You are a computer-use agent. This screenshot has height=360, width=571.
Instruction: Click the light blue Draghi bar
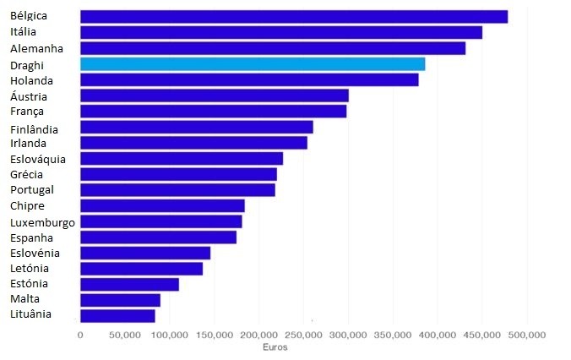click(253, 64)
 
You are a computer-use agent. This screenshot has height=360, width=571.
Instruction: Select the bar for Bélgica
click(294, 16)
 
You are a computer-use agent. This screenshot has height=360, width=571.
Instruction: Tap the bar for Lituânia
click(117, 315)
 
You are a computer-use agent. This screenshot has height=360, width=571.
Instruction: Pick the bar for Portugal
click(177, 190)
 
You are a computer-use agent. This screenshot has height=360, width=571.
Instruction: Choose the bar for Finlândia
click(196, 128)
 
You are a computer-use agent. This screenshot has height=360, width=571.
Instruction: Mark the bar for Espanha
click(158, 237)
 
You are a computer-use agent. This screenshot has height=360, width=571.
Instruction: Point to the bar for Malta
click(120, 300)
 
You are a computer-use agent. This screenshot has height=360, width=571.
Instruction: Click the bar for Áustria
click(214, 95)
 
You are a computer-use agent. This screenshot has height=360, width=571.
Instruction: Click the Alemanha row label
click(36, 48)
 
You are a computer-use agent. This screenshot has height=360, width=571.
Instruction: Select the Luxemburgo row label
click(42, 222)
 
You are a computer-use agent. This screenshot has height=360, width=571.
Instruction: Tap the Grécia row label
click(27, 174)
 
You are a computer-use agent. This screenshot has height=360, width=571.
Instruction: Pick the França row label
click(27, 111)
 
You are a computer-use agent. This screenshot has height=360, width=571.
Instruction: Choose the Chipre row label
click(28, 205)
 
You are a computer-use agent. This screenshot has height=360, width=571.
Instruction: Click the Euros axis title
click(274, 347)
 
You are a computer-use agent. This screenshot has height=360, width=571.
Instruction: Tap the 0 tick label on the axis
click(80, 335)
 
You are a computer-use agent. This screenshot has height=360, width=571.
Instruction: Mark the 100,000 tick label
click(170, 335)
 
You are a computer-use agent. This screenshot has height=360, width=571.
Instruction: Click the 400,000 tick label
click(438, 335)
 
